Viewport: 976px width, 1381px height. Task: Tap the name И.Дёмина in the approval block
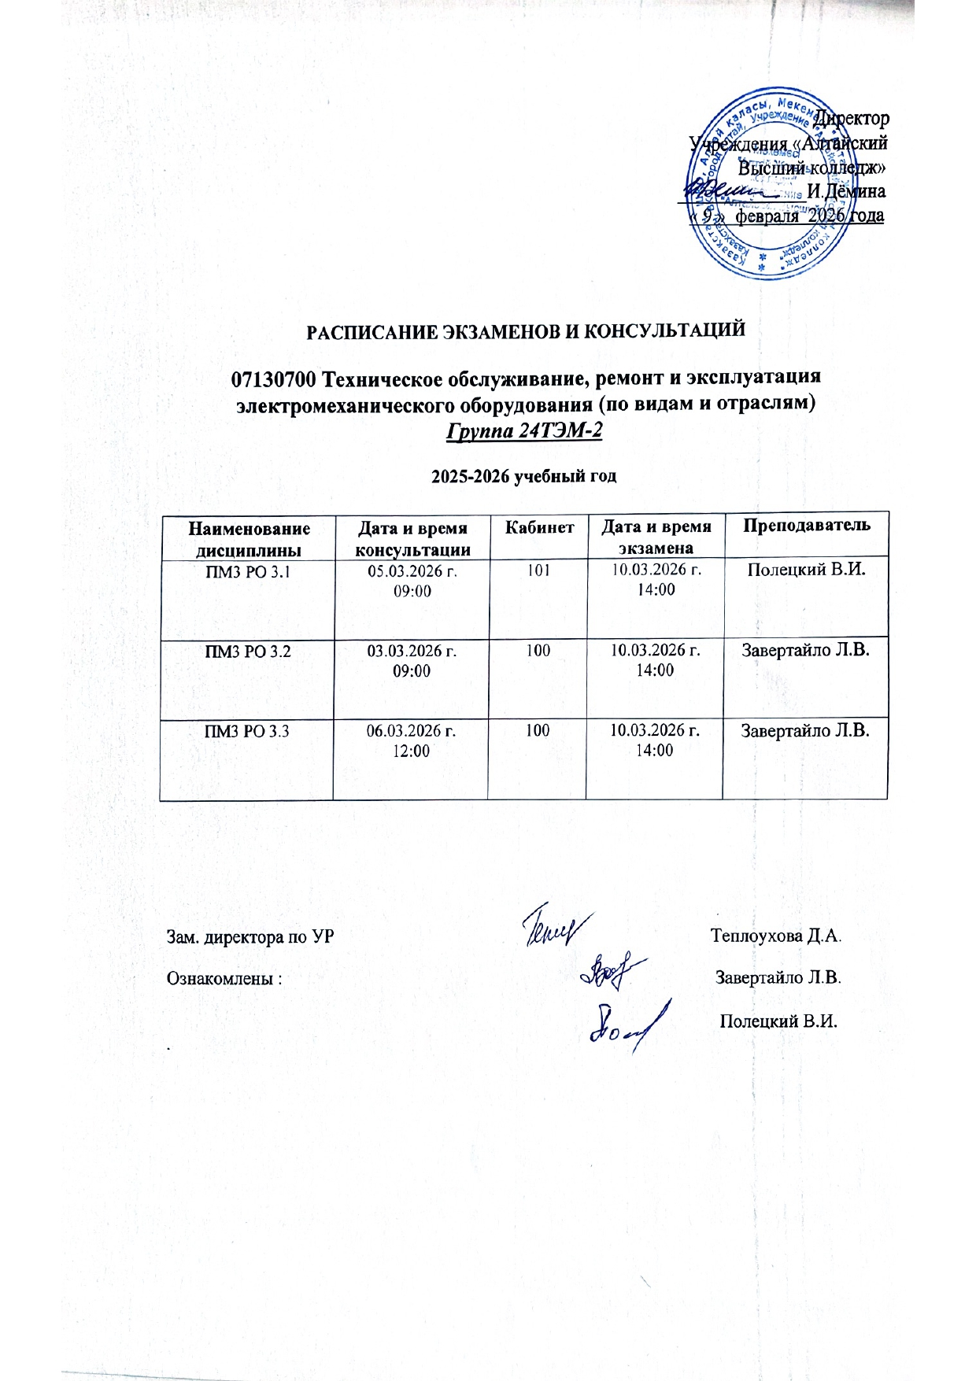846,191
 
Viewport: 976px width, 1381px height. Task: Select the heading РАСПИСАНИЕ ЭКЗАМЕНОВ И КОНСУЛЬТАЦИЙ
525,330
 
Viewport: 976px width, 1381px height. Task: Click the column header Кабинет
539,527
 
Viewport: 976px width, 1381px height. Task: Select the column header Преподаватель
807,526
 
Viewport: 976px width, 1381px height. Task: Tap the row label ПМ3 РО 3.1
247,572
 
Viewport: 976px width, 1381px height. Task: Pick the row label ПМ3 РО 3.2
247,652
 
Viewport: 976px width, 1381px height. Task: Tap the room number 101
538,570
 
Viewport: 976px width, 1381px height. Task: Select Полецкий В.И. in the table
806,570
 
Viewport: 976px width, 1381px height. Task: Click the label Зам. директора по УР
250,937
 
